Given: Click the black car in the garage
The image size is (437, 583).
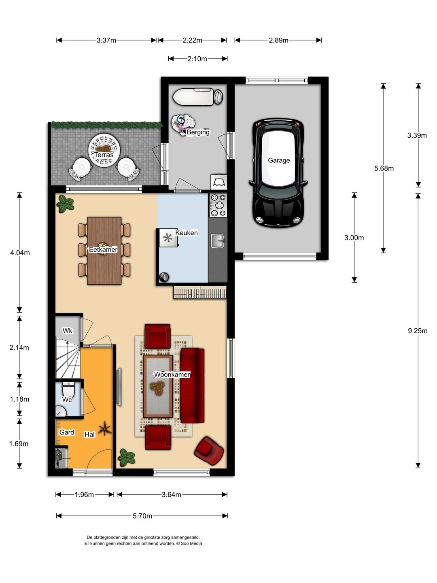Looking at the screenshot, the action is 278,173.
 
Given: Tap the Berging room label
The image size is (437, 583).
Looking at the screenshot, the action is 198,132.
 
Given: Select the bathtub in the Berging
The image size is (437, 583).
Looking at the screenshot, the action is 193,97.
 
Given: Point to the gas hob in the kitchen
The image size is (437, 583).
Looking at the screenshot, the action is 218,205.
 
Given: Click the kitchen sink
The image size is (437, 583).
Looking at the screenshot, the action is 218,240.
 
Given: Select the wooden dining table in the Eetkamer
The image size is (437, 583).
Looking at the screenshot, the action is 104,251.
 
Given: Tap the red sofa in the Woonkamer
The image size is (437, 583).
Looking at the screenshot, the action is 192,385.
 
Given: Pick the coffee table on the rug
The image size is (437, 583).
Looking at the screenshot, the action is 158,386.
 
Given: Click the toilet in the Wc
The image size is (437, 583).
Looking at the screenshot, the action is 69,389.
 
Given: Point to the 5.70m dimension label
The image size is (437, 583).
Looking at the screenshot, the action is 142,516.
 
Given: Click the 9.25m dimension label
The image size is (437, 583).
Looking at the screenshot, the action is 418,331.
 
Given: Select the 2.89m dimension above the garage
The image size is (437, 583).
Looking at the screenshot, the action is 278,40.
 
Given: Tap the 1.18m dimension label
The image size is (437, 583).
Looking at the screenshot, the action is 19,399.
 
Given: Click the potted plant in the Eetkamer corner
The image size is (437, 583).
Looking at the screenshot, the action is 65,204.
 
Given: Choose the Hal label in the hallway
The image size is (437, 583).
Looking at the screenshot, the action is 89,434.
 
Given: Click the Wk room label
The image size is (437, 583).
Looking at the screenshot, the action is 68,331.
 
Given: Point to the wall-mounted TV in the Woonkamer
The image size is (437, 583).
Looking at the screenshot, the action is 119,387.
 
